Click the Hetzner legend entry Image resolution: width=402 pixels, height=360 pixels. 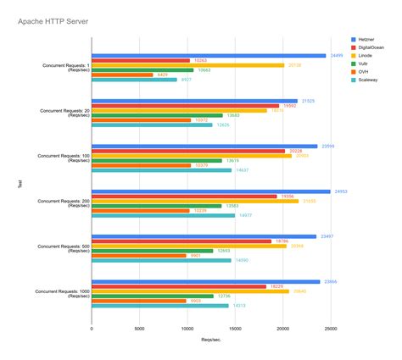click(366, 39)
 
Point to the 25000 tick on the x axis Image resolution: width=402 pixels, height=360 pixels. click(331, 327)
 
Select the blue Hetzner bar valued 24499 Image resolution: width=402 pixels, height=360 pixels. click(209, 56)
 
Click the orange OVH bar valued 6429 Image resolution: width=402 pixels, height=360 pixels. click(122, 75)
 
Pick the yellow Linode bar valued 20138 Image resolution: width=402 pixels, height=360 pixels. click(187, 65)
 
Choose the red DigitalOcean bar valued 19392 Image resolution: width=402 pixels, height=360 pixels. click(184, 106)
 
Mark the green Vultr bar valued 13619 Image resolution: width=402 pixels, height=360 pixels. click(156, 160)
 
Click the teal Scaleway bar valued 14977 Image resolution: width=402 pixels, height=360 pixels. click(163, 215)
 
